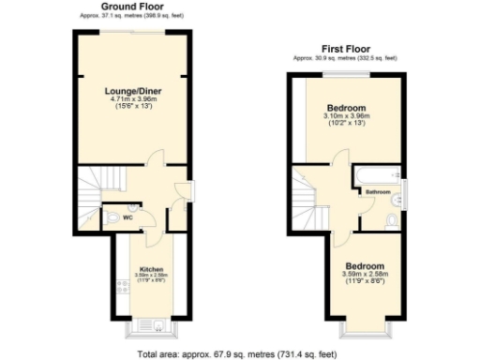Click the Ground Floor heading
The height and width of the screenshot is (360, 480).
(x=128, y=7)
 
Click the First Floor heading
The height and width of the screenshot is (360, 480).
(x=345, y=47)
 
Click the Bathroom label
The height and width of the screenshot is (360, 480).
(x=378, y=193)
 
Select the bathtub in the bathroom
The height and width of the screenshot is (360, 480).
(x=378, y=176)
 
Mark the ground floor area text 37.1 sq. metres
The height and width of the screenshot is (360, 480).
(x=128, y=16)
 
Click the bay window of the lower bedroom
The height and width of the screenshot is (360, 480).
(x=365, y=328)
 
